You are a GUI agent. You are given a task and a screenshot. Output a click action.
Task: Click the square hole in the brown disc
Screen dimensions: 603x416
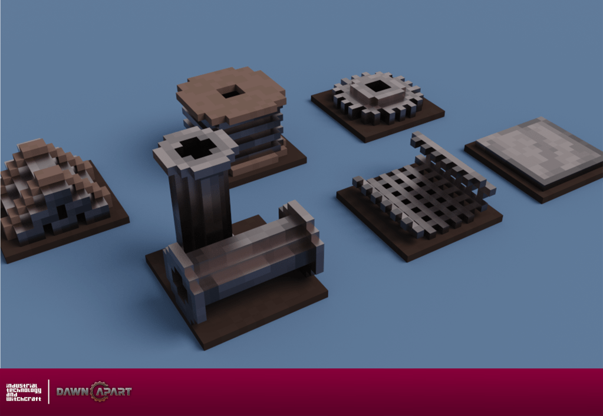coord(230,92)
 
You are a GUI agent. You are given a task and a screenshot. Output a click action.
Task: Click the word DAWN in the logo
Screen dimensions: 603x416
coord(74,392)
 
